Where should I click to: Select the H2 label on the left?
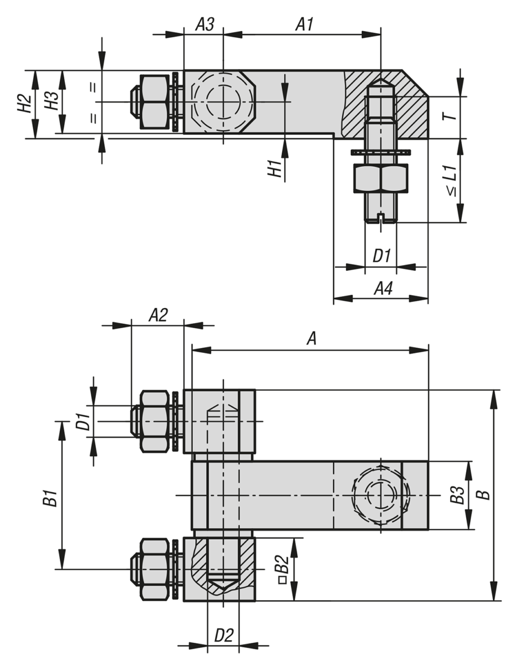(x=23, y=104)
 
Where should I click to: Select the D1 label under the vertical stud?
(x=381, y=256)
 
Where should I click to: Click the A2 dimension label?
(x=158, y=315)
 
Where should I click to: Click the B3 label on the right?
(x=456, y=495)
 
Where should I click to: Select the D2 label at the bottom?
(x=223, y=636)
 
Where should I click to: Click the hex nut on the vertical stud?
(x=380, y=178)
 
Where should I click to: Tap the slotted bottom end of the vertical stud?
(x=380, y=217)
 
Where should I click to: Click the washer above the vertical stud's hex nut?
(x=380, y=152)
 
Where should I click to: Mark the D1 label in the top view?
(x=83, y=422)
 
